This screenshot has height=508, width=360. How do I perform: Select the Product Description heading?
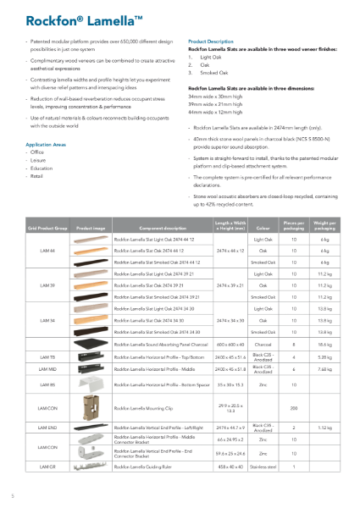point(211,41)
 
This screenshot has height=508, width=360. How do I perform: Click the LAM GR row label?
point(47,467)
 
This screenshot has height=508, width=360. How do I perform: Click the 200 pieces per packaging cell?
point(294,409)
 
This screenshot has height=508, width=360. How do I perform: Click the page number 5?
point(13,495)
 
